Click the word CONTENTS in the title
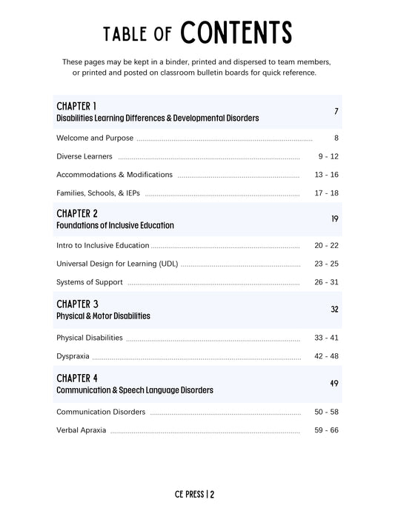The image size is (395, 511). coord(236,33)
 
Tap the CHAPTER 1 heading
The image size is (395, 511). coord(76,106)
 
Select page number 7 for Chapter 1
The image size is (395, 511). coord(336,112)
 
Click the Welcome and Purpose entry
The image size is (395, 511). coord(95,138)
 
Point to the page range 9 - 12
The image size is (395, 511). coord(328,156)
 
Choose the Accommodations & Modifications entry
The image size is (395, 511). coord(114,175)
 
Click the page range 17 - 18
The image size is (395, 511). coord(327,193)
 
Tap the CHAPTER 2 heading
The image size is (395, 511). coord(77,213)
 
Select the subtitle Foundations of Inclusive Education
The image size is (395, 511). coord(115,225)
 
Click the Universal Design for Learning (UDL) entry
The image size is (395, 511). coord(117,264)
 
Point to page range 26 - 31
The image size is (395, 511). coord(326,282)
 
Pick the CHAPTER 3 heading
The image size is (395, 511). coord(77,304)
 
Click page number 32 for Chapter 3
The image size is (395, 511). coord(335,310)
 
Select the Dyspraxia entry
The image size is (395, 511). coord(73,356)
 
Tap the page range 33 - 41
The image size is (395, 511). coord(326,338)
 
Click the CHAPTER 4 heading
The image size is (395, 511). coord(77,378)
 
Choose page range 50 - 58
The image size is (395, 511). coord(326,412)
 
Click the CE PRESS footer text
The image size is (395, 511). coord(197,495)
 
